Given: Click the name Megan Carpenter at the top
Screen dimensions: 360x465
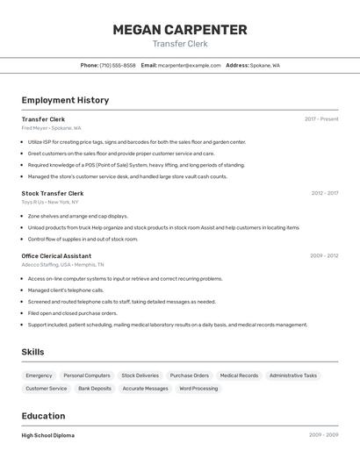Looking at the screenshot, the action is [x=180, y=29].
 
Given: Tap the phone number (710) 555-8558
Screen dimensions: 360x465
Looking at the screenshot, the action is [x=118, y=65].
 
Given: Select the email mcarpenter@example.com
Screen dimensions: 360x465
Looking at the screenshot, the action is [x=190, y=65].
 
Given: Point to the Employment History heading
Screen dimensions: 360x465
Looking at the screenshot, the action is [x=65, y=100].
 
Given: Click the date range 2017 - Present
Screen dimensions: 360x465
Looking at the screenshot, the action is [x=321, y=118].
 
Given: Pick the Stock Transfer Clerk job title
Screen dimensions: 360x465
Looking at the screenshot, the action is [x=53, y=193].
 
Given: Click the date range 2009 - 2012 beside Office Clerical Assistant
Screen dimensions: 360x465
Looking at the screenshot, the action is [x=324, y=255].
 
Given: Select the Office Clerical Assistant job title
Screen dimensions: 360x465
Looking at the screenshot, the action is [x=56, y=255].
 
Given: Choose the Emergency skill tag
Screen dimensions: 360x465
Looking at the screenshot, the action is [x=39, y=376].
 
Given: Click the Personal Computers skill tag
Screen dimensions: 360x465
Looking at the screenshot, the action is [x=87, y=376].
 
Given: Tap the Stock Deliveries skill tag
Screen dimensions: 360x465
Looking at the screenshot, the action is [x=140, y=376].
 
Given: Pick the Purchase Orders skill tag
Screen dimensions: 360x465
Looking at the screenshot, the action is [x=190, y=376].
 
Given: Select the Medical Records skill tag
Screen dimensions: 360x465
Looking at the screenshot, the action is [x=239, y=376].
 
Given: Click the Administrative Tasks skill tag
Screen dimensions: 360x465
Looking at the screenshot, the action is [x=293, y=376].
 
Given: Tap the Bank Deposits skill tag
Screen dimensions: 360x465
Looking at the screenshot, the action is [x=95, y=388].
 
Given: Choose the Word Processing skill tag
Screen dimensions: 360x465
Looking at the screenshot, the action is [x=198, y=388].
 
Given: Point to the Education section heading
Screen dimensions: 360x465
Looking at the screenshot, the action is [x=43, y=416].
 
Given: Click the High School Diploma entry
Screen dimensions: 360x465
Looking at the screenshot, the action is [x=48, y=435].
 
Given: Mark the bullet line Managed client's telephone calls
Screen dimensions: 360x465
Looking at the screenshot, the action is [x=66, y=290].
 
